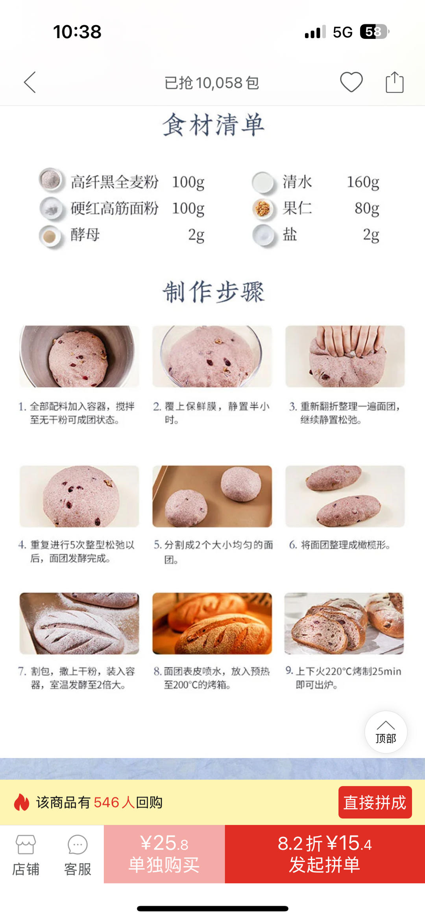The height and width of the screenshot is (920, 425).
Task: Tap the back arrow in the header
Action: click(x=30, y=82)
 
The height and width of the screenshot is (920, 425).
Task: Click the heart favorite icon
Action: click(x=351, y=82)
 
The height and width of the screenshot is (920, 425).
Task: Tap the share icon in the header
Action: click(x=394, y=82)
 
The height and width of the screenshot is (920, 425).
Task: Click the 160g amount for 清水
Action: click(x=362, y=182)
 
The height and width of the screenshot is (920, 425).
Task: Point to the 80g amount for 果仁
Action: click(x=366, y=208)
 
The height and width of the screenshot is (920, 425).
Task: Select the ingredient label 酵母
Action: click(x=85, y=235)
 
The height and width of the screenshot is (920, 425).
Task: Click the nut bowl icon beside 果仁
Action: click(x=263, y=209)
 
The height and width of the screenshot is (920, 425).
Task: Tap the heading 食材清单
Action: click(x=213, y=125)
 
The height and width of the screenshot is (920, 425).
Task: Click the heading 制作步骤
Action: click(x=213, y=292)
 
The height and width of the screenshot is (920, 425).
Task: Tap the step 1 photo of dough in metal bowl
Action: click(x=79, y=356)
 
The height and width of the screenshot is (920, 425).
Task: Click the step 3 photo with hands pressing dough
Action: click(x=345, y=356)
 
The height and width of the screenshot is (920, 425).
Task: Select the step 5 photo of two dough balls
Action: click(x=212, y=496)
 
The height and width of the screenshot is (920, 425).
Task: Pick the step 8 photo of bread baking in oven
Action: click(x=212, y=623)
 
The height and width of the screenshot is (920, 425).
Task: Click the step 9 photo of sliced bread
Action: click(x=344, y=623)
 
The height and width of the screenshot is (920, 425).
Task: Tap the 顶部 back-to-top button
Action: click(x=386, y=732)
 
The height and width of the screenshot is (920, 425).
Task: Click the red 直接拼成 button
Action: click(x=375, y=802)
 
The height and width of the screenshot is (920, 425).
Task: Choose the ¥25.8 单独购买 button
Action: click(x=164, y=854)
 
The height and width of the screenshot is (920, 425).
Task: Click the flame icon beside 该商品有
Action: click(x=22, y=802)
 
